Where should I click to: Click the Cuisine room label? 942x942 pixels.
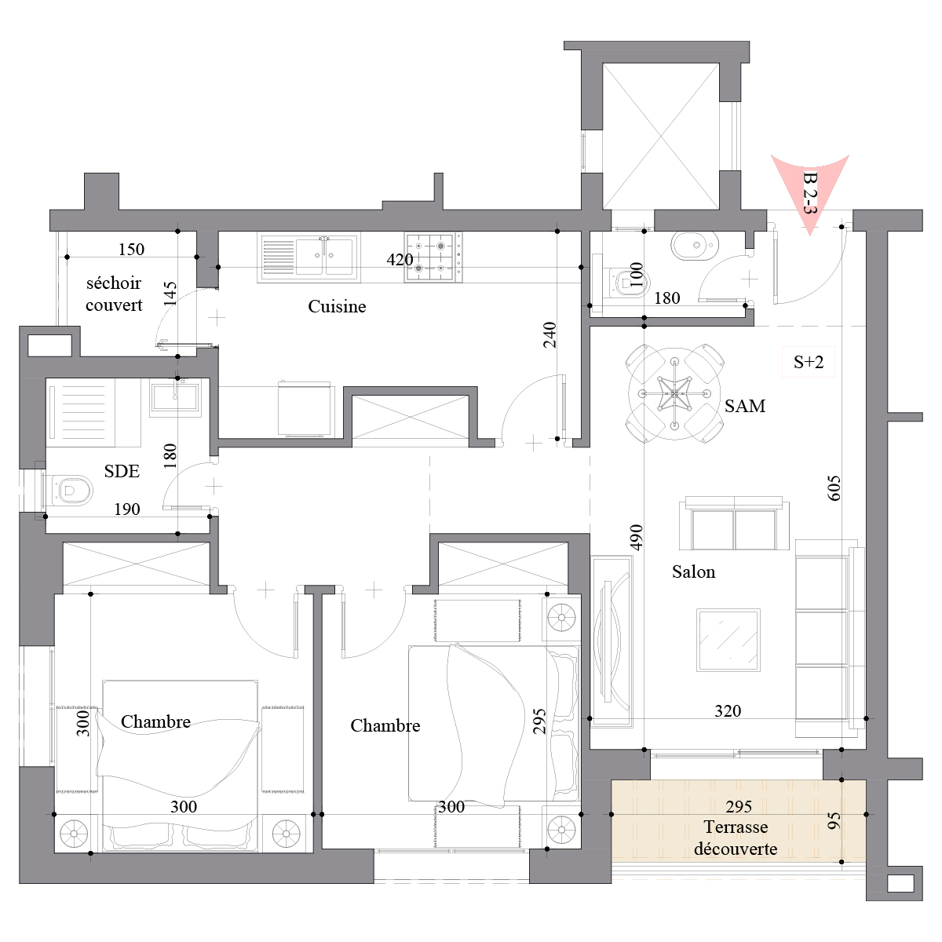pyautogui.click(x=337, y=306)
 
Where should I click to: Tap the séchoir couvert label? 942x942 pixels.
pyautogui.click(x=114, y=294)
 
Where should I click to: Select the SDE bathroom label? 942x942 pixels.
pyautogui.click(x=122, y=471)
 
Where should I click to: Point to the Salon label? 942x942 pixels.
pyautogui.click(x=693, y=572)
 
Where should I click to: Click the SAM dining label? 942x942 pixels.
pyautogui.click(x=744, y=406)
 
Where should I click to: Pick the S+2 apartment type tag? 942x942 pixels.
pyautogui.click(x=808, y=362)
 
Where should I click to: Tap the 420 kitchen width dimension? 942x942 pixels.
pyautogui.click(x=400, y=260)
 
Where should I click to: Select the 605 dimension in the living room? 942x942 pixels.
pyautogui.click(x=834, y=487)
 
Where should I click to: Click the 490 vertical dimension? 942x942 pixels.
pyautogui.click(x=636, y=537)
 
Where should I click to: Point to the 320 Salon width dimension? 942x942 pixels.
pyautogui.click(x=728, y=710)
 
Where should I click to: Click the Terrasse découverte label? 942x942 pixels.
pyautogui.click(x=736, y=838)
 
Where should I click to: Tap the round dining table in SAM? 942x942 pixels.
pyautogui.click(x=674, y=393)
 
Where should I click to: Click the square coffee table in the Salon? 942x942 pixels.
pyautogui.click(x=728, y=640)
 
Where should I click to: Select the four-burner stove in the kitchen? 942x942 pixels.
pyautogui.click(x=433, y=257)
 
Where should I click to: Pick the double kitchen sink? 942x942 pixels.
pyautogui.click(x=309, y=257)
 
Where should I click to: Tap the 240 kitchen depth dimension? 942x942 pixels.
pyautogui.click(x=550, y=334)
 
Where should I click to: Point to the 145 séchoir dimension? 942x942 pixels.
pyautogui.click(x=170, y=294)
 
